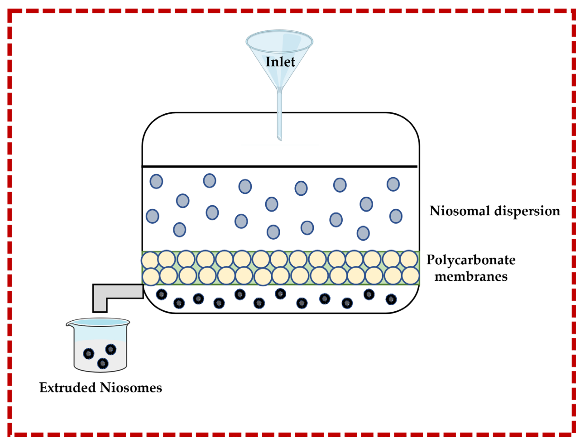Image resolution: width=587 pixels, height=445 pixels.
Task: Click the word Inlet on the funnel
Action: pos(280,62)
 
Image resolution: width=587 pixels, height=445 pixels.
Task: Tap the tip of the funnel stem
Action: pos(280,139)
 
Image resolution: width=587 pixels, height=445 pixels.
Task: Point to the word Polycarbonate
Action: pos(471,260)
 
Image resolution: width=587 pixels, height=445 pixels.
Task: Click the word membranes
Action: pos(471,276)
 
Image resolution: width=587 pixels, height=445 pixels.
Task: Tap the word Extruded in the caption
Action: pos(68,388)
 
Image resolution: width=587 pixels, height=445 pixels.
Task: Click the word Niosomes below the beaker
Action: pos(131,388)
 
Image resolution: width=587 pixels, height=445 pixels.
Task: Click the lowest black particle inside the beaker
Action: pos(103,363)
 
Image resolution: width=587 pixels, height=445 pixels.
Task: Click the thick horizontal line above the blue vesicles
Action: pos(280,166)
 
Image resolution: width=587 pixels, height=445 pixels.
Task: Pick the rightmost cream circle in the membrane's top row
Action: pos(409,259)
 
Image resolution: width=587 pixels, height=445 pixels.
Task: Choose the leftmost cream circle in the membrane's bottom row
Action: pos(151,276)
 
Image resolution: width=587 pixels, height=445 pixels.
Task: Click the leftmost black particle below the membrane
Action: pos(161,295)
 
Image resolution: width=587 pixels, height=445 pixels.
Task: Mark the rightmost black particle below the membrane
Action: pos(391,299)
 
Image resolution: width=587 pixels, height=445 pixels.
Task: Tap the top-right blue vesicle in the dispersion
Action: pos(393,184)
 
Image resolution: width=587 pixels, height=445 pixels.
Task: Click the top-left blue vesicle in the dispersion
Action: pos(156,181)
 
